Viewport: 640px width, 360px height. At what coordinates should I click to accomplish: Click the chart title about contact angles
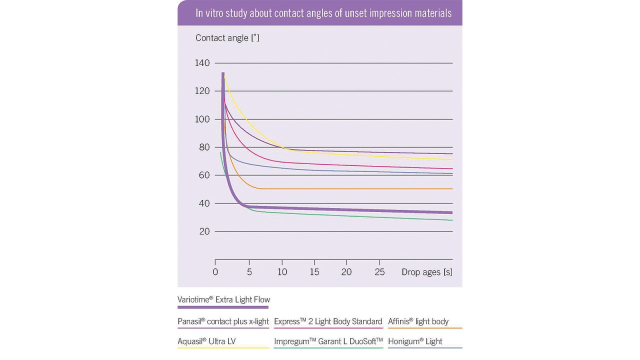tap(323, 13)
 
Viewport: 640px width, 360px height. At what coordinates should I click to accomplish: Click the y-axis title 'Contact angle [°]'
tap(227, 38)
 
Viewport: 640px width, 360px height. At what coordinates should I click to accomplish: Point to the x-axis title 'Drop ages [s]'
tap(427, 272)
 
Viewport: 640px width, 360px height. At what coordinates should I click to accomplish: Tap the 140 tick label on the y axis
tap(202, 63)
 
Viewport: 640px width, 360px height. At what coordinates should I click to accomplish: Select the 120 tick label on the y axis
tap(202, 91)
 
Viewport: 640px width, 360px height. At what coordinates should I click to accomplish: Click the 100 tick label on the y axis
tap(202, 119)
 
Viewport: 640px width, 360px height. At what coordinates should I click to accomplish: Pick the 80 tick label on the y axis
tap(204, 147)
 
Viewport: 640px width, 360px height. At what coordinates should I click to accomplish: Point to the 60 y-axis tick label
tap(204, 175)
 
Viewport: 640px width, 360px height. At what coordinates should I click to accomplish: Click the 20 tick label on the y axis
tap(204, 231)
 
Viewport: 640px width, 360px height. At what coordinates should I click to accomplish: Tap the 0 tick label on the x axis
tap(215, 272)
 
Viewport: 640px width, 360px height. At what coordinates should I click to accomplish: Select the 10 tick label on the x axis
tap(282, 272)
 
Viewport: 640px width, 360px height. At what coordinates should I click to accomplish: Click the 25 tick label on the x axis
tap(379, 272)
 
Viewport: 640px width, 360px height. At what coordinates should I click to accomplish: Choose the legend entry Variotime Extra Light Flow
tap(223, 299)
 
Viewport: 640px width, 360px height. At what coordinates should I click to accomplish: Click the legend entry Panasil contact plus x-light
tap(223, 321)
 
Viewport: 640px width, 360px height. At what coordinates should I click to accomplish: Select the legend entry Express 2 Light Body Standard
tap(328, 321)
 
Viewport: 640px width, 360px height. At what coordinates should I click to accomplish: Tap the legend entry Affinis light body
tap(418, 321)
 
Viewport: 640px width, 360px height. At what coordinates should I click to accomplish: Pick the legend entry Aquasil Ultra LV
tap(206, 341)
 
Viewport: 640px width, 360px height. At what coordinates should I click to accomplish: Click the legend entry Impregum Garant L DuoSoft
tap(328, 341)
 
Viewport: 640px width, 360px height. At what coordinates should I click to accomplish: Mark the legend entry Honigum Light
tap(415, 341)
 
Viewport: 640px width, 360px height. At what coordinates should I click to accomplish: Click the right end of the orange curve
tap(451, 189)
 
